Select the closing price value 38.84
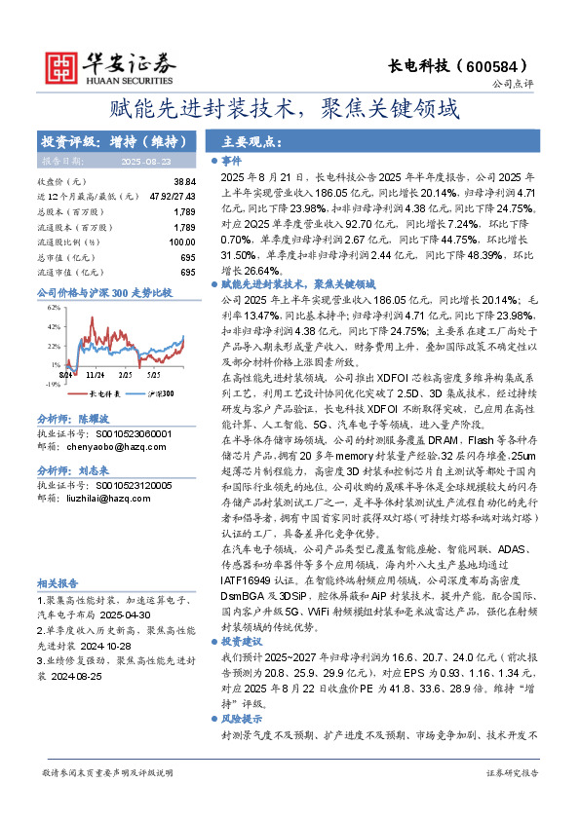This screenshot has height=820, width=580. pos(184,182)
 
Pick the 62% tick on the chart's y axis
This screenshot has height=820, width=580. pos(54,307)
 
